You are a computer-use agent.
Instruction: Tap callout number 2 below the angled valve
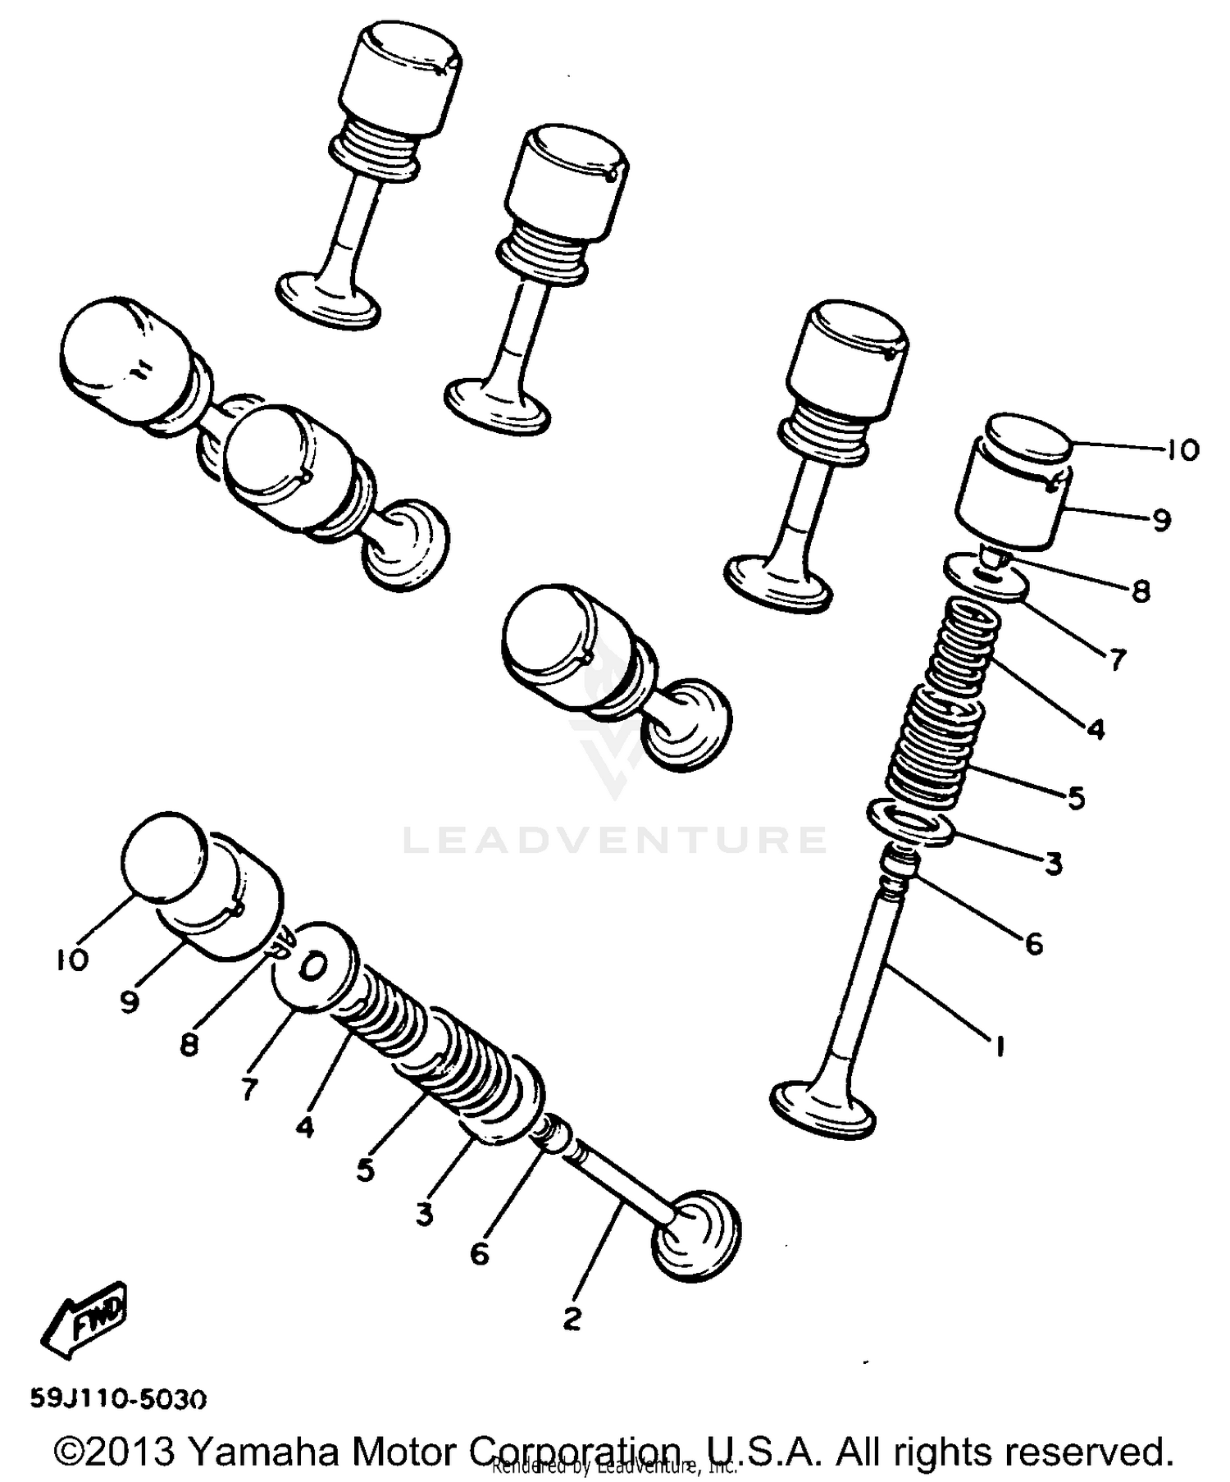(x=572, y=1319)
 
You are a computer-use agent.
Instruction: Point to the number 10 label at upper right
(x=1182, y=449)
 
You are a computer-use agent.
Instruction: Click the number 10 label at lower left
(x=73, y=960)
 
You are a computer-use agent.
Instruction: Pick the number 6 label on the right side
(x=1034, y=944)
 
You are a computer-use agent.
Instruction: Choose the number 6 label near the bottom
(x=480, y=1253)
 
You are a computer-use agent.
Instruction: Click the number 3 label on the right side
(x=1053, y=863)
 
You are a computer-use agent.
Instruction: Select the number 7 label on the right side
(x=1115, y=659)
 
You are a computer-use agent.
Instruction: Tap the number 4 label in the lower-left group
(x=304, y=1128)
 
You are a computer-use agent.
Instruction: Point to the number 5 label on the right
(x=1077, y=796)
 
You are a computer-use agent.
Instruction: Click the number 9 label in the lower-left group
(x=130, y=1001)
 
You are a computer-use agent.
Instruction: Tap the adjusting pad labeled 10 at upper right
(x=1029, y=440)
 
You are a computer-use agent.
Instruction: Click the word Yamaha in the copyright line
(x=262, y=1451)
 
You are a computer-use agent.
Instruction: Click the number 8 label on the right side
(x=1141, y=591)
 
